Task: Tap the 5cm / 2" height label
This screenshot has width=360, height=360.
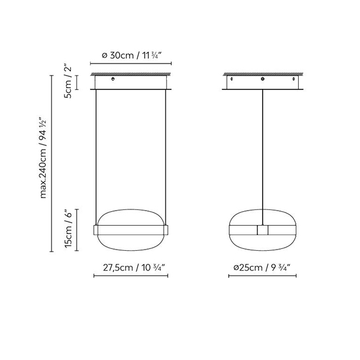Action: (x=68, y=82)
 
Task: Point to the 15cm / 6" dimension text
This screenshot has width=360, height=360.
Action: (x=68, y=229)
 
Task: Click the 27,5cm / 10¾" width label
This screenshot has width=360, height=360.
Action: (x=134, y=268)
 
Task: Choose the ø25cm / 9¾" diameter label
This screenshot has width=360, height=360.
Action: (x=262, y=268)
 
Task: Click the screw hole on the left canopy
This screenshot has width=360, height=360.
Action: (x=113, y=79)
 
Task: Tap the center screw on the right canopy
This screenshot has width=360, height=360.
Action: (x=262, y=79)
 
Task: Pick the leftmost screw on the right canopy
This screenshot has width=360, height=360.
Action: (x=232, y=79)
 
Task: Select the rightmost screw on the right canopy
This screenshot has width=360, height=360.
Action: (x=293, y=79)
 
